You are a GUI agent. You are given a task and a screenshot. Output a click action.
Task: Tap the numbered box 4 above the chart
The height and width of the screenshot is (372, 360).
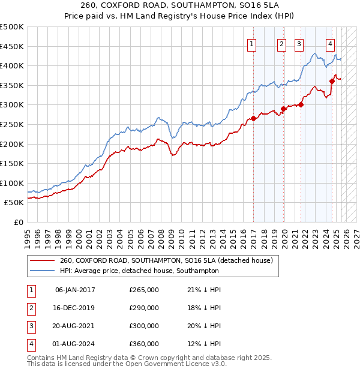coord(331,43)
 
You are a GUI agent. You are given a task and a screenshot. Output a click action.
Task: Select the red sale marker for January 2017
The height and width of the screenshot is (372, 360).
coord(254,118)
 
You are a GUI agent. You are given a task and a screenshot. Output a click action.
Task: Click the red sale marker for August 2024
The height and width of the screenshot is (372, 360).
coord(332,81)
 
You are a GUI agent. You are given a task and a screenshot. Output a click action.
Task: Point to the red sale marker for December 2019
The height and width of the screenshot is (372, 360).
coord(284,109)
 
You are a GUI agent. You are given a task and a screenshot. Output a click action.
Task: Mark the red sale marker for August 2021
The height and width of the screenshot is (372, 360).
coord(301,104)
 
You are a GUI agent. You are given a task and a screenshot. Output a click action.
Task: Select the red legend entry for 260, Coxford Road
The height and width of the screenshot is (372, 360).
coord(166,260)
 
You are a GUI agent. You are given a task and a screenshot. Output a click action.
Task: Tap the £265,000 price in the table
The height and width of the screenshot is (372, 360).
coord(144,290)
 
